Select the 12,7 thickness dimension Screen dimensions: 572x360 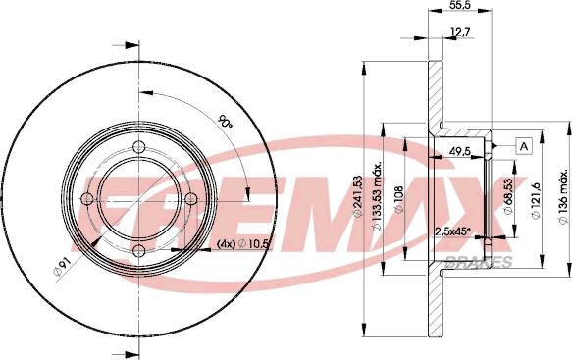pyautogui.click(x=461, y=32)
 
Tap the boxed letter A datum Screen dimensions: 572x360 pyautogui.click(x=524, y=146)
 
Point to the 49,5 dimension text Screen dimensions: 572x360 pyautogui.click(x=460, y=151)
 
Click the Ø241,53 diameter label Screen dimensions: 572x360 pyautogui.click(x=358, y=196)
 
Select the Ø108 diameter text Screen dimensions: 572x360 pyautogui.click(x=398, y=199)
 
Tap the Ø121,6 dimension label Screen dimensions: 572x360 pyautogui.click(x=536, y=200)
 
